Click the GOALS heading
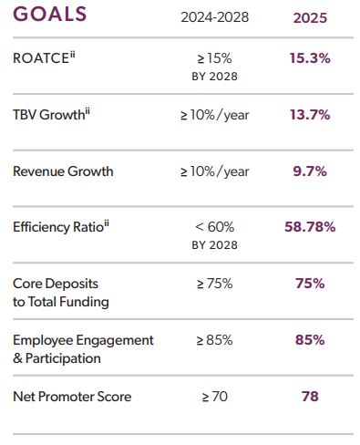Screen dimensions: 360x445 pos(50,14)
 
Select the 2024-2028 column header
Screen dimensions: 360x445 pos(214,17)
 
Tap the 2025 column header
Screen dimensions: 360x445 pos(310,18)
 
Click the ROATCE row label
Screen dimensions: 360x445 pos(44,57)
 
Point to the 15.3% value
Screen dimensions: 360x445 pos(310,58)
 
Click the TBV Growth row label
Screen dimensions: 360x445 pos(51,114)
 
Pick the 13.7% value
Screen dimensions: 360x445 pos(310,115)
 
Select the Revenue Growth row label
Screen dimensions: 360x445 pos(63,171)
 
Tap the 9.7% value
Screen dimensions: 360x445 pos(310,171)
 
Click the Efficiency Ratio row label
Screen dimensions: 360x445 pos(61,227)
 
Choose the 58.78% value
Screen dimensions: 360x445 pos(310,227)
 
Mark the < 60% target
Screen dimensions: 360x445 pos(214,227)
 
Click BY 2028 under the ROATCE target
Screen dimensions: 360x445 pos(214,77)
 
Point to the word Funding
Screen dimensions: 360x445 pos(84,302)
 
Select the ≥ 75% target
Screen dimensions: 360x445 pos(214,284)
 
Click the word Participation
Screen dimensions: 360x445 pos(63,358)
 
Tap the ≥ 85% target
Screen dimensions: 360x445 pos(214,340)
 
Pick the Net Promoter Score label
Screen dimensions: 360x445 pos(72,397)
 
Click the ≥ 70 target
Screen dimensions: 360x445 pos(214,397)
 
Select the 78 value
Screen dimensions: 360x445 pos(310,397)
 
